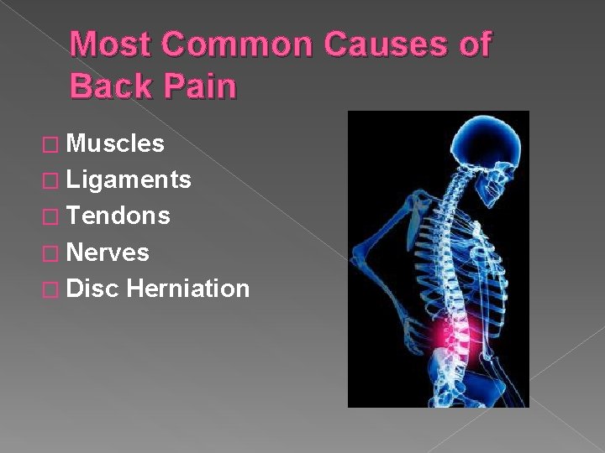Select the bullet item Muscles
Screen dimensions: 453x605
pos(115,144)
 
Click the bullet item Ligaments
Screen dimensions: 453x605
pos(129,180)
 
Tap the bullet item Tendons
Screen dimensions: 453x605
pos(118,216)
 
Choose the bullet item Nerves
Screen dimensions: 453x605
pos(108,252)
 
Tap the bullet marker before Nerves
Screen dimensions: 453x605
pos(55,253)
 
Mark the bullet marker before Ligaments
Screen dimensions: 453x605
pos(55,181)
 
